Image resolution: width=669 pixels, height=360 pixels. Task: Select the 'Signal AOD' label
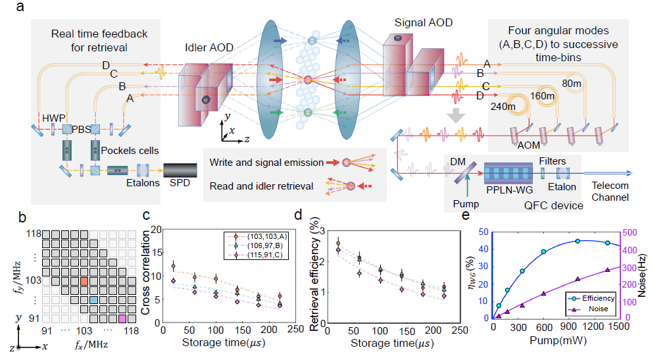(424, 22)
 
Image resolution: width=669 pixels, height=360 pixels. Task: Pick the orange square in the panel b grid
(84, 281)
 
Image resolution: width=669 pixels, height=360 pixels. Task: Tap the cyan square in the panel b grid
(94, 299)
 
